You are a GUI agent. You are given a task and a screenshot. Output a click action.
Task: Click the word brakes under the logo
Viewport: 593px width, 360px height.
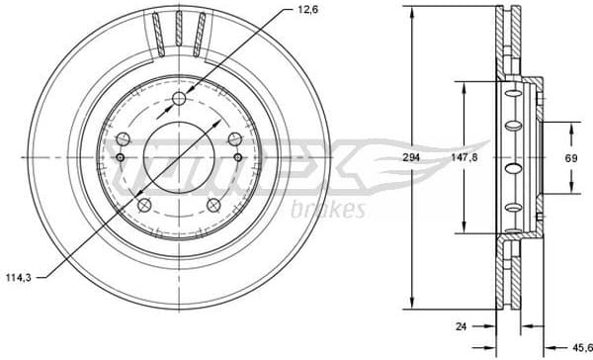[330, 210]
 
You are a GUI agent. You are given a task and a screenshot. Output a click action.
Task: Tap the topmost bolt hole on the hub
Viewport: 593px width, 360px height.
[179, 98]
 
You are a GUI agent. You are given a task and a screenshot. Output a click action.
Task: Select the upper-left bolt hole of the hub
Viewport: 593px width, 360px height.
[123, 139]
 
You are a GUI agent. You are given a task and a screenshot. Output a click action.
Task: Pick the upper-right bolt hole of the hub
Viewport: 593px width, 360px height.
[235, 139]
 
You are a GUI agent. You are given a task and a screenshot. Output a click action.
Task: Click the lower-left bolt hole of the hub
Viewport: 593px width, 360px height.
[144, 206]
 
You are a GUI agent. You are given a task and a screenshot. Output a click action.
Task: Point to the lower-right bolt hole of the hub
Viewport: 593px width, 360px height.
[213, 206]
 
